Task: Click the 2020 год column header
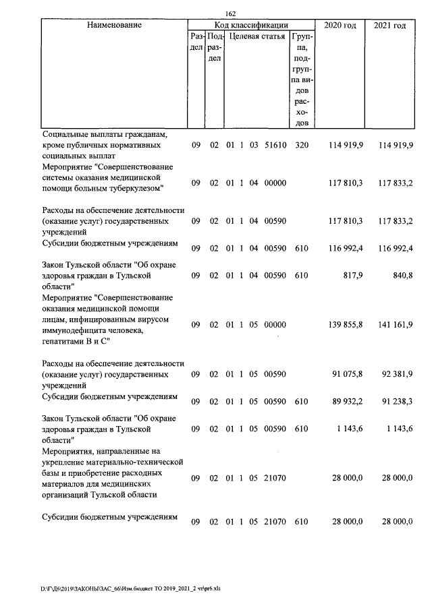click(x=340, y=25)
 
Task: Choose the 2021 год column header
click(x=389, y=25)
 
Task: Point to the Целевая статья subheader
click(x=256, y=36)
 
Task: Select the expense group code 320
click(x=302, y=146)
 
